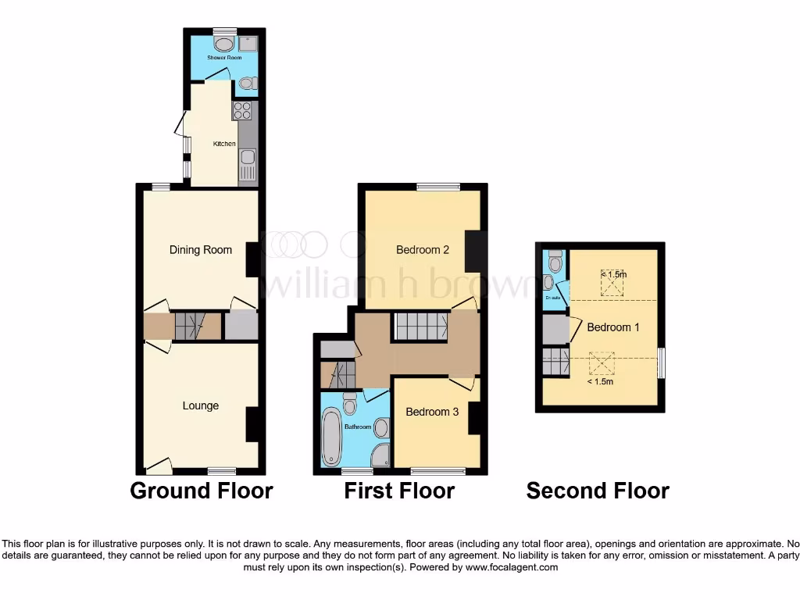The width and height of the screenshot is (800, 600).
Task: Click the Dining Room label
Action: [x=201, y=250]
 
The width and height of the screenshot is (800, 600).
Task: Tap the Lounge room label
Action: [x=201, y=405]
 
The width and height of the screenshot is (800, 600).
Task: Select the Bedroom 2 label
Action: [x=423, y=250]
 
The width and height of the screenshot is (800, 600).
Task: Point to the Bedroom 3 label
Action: [x=432, y=412]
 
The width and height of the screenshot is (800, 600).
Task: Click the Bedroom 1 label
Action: [x=613, y=327]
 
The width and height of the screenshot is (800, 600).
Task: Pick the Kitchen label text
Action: [x=224, y=144]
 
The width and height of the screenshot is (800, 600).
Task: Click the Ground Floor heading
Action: [x=201, y=491]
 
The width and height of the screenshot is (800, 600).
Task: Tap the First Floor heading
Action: [x=399, y=491]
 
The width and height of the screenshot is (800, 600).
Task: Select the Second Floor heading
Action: [x=598, y=491]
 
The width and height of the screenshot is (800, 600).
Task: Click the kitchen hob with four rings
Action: [x=241, y=110]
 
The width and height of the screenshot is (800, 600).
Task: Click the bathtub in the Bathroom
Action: [x=332, y=437]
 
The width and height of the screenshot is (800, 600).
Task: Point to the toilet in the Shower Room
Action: [x=246, y=83]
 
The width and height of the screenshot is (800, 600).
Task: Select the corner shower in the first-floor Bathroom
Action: [x=380, y=456]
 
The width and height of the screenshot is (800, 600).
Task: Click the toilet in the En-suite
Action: [x=555, y=262]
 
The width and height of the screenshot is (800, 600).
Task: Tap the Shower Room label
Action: [x=224, y=58]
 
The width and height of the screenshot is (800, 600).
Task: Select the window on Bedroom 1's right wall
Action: [x=662, y=363]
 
